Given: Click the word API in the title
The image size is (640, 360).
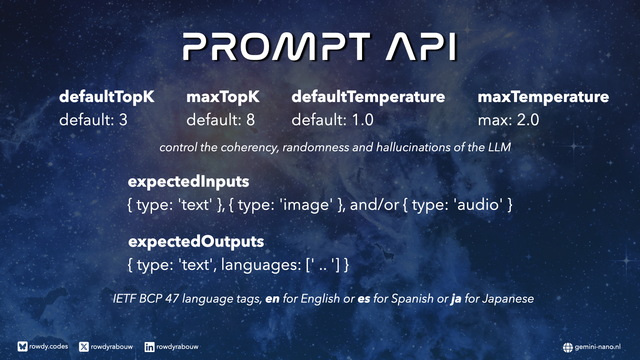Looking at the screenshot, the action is click(x=421, y=47).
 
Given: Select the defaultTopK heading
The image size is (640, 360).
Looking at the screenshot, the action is click(x=107, y=97).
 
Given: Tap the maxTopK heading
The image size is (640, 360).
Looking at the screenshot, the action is click(x=223, y=97).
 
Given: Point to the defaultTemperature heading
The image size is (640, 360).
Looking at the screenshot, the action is click(x=368, y=97).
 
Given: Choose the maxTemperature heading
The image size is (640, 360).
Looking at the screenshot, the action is click(x=543, y=97).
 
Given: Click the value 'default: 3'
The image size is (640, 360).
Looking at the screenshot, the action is click(x=93, y=120).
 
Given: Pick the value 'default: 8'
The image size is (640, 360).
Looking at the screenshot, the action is click(x=221, y=120).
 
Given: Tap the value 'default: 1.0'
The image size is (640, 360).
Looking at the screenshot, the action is click(x=333, y=120).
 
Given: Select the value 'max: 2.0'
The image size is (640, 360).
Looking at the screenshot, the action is click(x=508, y=120).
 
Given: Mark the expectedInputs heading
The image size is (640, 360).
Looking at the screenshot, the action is click(x=188, y=182).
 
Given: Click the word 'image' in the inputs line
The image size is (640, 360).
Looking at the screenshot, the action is click(x=306, y=205).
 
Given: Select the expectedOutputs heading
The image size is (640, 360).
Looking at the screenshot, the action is click(x=196, y=242).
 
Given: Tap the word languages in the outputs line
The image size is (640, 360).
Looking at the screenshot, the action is click(x=261, y=265).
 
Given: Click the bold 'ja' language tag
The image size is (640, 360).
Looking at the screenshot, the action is click(x=456, y=299).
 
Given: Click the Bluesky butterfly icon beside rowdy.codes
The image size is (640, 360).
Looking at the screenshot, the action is click(x=23, y=347).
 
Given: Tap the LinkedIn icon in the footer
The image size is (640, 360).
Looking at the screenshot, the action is click(x=149, y=347).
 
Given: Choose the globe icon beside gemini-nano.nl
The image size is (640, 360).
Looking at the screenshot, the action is click(x=568, y=347).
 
